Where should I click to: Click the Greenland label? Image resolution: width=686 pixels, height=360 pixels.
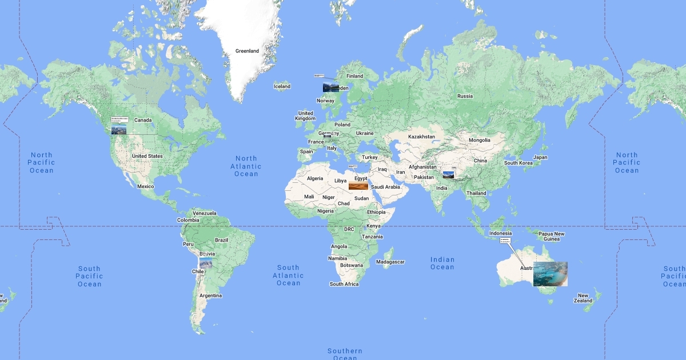click(x=247, y=51)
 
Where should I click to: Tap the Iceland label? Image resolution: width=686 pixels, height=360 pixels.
click(x=282, y=86)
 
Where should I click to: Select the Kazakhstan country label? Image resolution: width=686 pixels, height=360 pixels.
click(x=421, y=137)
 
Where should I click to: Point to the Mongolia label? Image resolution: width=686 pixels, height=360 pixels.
click(x=479, y=140)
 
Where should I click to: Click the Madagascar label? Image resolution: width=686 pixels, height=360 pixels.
click(x=390, y=262)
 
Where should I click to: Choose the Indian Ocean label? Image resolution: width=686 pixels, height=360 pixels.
click(x=442, y=263)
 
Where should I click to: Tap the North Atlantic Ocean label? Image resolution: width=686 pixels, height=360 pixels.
click(x=246, y=166)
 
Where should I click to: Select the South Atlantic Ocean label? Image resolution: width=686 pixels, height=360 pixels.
click(x=288, y=275)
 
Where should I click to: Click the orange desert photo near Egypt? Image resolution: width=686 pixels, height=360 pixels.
click(x=358, y=186)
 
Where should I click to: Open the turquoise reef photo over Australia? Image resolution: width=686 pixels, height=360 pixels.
click(x=550, y=274)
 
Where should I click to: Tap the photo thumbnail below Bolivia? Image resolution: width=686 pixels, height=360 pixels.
click(x=206, y=263)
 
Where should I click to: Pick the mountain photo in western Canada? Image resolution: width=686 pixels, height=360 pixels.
click(x=119, y=130)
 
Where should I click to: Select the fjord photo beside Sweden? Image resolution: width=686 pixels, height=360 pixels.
click(x=330, y=88)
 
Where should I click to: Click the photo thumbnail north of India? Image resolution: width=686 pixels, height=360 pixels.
click(x=449, y=175)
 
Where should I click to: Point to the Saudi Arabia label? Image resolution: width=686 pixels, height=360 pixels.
click(x=385, y=187)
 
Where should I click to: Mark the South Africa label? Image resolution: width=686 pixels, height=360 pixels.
click(x=344, y=284)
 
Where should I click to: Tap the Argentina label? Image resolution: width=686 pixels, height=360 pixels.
click(x=210, y=295)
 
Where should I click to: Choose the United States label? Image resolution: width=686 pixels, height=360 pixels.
click(x=147, y=156)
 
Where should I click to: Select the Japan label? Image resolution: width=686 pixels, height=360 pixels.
click(x=540, y=157)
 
